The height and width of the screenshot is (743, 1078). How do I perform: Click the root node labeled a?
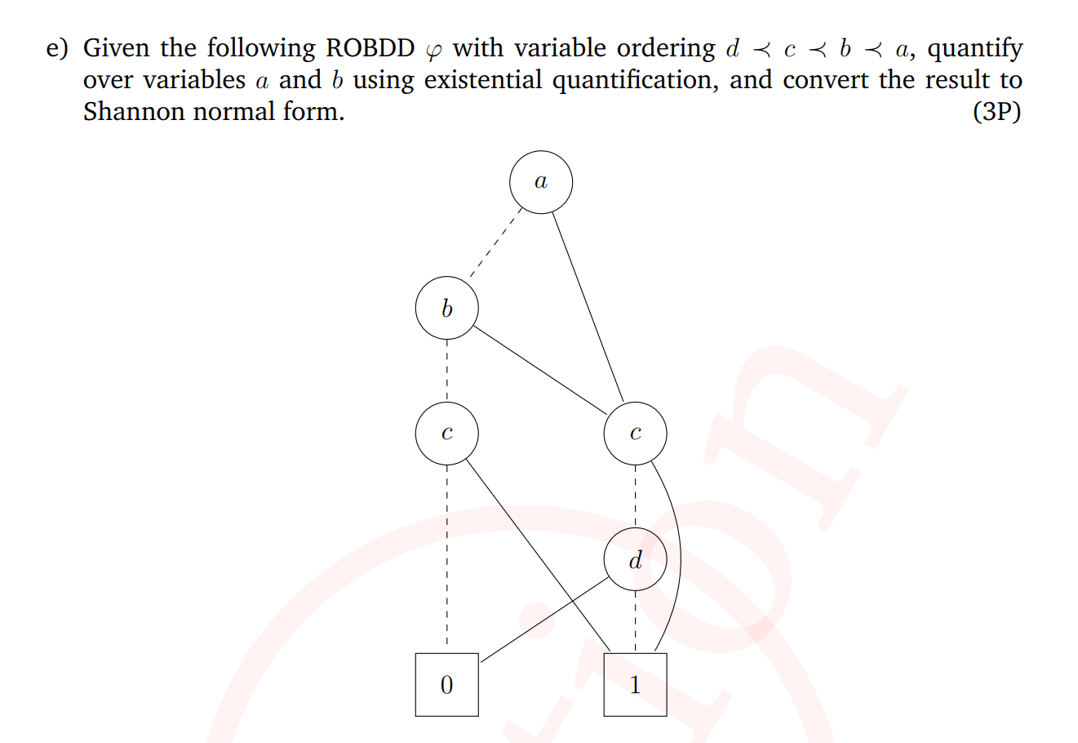pos(541,182)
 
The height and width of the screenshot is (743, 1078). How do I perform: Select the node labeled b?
pos(446,308)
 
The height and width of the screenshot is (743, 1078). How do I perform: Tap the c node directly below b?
pos(446,434)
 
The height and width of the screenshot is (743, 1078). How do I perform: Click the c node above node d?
pos(635,434)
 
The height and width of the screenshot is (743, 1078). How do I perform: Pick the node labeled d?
pos(635,559)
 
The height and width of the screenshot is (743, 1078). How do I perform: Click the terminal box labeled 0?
pos(446,685)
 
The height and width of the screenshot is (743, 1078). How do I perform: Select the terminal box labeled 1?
pos(635,685)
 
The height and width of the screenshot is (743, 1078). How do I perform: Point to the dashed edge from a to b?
pos(495,242)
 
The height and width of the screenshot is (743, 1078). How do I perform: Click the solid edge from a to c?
pos(588,307)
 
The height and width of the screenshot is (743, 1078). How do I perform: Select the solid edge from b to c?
pos(540,370)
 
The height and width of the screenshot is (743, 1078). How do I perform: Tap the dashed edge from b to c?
pos(446,371)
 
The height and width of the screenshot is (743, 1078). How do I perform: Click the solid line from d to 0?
pos(545,620)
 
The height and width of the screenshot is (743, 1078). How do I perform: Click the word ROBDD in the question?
pos(370,47)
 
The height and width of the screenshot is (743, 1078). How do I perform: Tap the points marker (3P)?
pos(996,112)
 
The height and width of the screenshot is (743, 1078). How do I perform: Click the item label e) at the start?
pos(57,49)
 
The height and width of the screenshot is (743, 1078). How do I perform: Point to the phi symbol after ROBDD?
pos(433,52)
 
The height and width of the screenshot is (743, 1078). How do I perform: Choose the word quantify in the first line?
pos(974,49)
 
